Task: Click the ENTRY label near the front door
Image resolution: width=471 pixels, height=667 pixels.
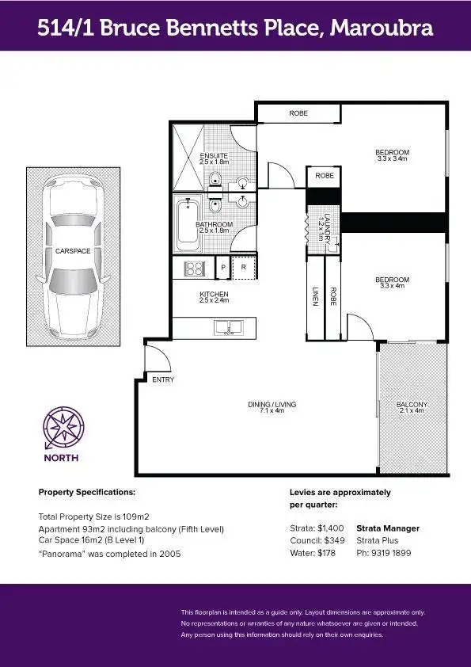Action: (x=163, y=380)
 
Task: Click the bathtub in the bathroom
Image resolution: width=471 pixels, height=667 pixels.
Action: (x=188, y=224)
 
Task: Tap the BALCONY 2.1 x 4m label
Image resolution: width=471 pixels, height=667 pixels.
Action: (x=412, y=407)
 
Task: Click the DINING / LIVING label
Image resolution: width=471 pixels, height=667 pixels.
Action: (x=272, y=407)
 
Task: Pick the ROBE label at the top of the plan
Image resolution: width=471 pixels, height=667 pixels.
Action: (x=298, y=114)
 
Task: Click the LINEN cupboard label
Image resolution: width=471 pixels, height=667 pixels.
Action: (x=314, y=296)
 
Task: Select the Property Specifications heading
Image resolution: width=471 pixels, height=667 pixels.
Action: (x=87, y=492)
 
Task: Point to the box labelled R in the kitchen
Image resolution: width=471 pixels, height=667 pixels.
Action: (x=244, y=269)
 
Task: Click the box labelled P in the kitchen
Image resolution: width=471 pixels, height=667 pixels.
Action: (x=222, y=269)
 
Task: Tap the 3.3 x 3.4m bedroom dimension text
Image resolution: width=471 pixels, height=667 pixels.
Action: (x=392, y=159)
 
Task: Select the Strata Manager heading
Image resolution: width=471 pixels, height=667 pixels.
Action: (x=388, y=528)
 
